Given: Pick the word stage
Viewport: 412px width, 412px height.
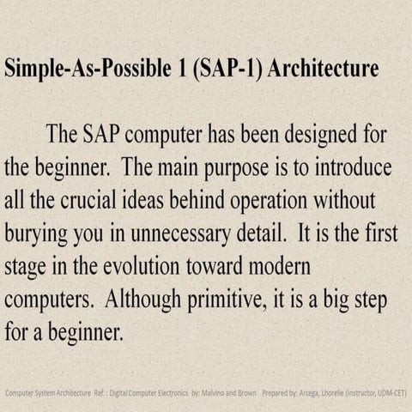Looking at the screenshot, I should pos(27,262).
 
